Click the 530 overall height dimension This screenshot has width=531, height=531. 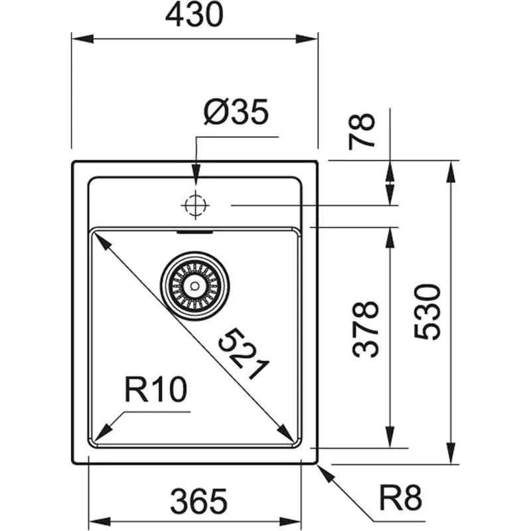[x=427, y=311]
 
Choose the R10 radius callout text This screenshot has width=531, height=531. [x=156, y=391]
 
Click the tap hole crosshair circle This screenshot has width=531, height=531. [x=194, y=206]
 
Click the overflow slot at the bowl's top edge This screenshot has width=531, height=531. [x=194, y=233]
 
